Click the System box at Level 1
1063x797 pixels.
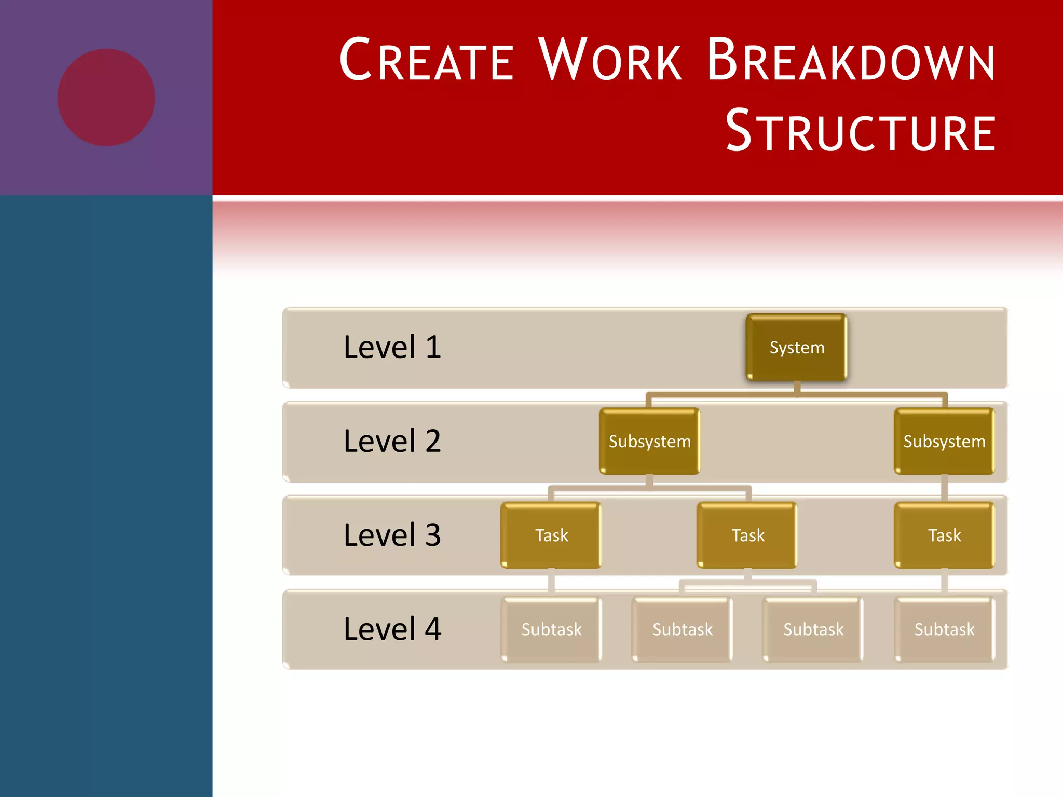coord(796,347)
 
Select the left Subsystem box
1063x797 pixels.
coord(649,441)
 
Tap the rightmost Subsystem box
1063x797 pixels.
coord(944,441)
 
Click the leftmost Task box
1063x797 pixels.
coord(551,535)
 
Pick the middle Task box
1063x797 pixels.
coord(747,535)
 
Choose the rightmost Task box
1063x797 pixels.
coord(944,535)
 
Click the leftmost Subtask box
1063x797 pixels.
coord(551,629)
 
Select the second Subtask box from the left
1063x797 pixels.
coord(682,629)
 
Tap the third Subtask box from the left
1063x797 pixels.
coord(813,629)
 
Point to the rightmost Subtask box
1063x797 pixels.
coord(944,629)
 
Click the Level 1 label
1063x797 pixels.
coord(392,347)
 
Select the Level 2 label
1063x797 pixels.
coord(392,441)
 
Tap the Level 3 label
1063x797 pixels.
coord(392,535)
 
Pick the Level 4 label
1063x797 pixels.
coord(392,629)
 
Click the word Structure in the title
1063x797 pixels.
coord(861,131)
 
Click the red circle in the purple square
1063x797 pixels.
coord(106,97)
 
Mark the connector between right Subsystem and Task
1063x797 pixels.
coord(944,488)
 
